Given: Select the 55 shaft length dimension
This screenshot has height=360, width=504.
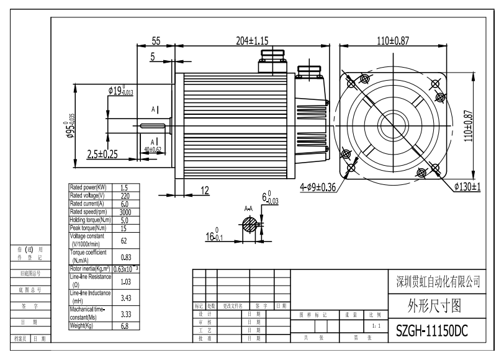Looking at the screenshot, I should [x=156, y=41].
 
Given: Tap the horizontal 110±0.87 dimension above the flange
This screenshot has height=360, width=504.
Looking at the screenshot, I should [x=393, y=41].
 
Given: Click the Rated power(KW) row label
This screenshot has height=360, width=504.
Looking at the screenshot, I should [x=88, y=187].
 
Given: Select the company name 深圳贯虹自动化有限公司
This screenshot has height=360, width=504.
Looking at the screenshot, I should [x=438, y=282].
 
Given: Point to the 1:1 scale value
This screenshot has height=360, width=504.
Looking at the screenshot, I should [x=372, y=325].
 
